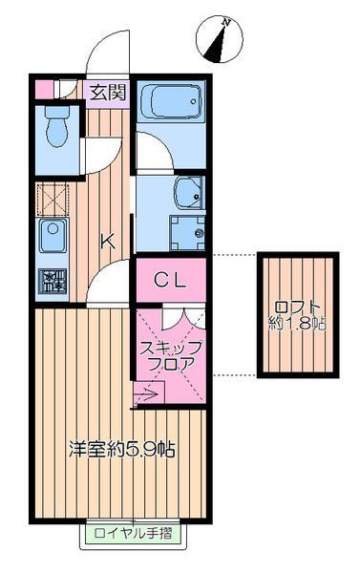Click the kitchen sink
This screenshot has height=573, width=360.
(51, 233)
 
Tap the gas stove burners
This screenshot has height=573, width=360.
(50, 280)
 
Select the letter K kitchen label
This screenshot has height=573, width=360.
(108, 241)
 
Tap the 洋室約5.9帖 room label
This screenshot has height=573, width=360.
(120, 450)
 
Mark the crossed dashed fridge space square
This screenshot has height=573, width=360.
(50, 198)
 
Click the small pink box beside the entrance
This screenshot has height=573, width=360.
(44, 91)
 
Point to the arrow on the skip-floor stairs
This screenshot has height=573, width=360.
(147, 390)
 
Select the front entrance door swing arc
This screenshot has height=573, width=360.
(105, 48)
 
